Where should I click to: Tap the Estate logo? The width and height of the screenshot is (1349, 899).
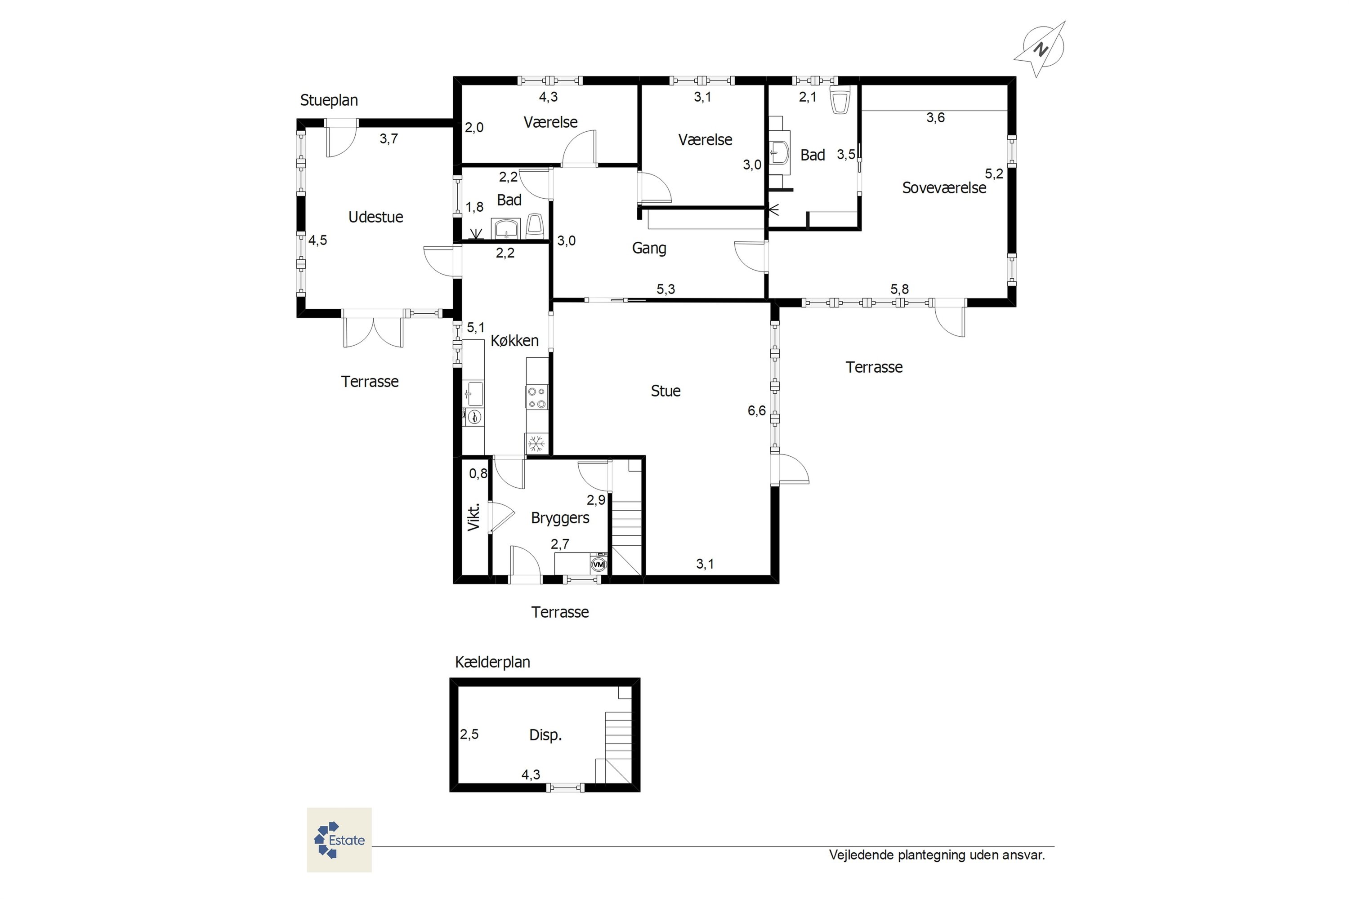tap(339, 840)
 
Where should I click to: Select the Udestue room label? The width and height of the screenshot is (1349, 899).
tap(375, 217)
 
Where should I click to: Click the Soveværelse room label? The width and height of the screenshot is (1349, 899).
tap(944, 188)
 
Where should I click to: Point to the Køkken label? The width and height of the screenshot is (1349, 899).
tap(514, 341)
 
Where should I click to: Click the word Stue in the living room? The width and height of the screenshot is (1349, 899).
tap(666, 391)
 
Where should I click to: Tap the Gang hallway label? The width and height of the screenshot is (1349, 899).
tap(649, 248)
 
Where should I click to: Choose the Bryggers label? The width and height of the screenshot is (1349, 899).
tap(560, 518)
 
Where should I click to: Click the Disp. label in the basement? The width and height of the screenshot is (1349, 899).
tap(545, 735)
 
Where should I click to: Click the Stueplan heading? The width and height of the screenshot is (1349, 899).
tap(329, 100)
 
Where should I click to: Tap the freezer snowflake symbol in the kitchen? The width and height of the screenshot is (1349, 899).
tap(536, 443)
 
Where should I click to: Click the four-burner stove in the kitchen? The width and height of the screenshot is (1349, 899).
tap(537, 397)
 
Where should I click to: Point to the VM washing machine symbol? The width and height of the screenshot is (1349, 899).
tap(598, 565)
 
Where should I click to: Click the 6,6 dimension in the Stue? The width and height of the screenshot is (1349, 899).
tap(756, 410)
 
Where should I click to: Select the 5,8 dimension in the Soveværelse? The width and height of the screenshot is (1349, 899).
tap(899, 289)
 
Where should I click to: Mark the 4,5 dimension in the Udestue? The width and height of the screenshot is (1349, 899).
tap(318, 240)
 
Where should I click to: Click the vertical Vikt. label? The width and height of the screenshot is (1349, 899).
tap(474, 517)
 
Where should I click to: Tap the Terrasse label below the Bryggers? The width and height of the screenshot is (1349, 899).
tap(560, 612)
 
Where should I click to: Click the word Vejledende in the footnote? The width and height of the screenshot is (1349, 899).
tap(861, 855)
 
